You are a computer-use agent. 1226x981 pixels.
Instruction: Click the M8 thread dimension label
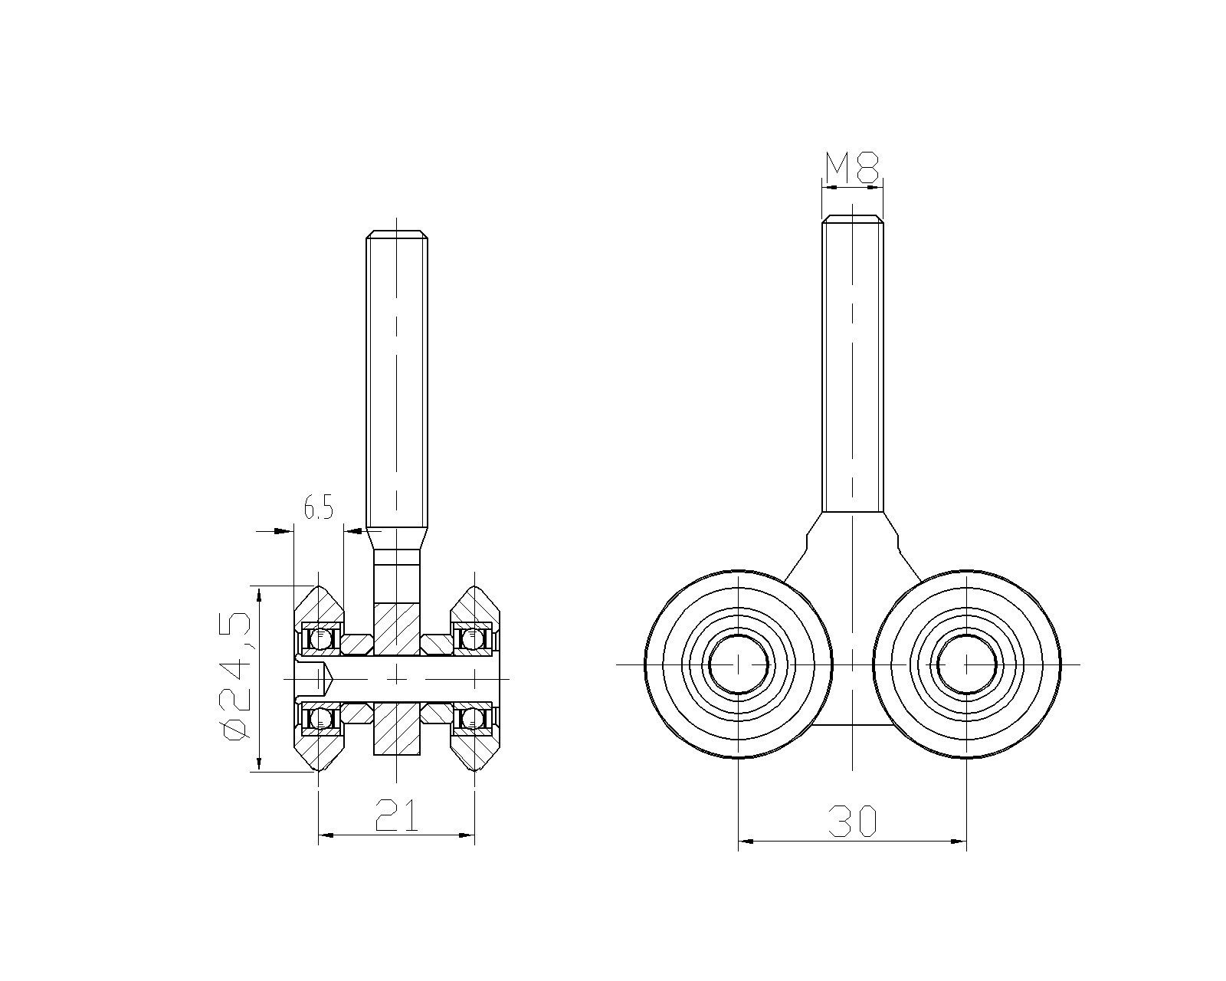point(852,167)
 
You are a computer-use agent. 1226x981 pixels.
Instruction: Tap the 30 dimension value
point(852,822)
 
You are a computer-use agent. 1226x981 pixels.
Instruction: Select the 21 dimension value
point(396,815)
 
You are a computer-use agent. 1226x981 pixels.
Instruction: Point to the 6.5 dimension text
point(318,507)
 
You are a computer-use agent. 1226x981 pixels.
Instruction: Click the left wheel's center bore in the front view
point(739,664)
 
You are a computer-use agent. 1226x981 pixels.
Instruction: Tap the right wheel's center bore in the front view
point(966,664)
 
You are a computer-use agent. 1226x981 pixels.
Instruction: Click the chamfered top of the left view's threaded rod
point(396,234)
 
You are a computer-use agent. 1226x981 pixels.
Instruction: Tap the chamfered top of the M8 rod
point(852,219)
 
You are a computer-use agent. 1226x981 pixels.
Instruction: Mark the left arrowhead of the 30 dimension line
point(746,840)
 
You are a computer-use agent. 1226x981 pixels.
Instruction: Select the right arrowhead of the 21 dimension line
point(467,835)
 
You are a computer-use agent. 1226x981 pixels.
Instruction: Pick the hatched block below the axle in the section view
point(396,729)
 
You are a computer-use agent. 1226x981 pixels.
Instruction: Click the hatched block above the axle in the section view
point(396,629)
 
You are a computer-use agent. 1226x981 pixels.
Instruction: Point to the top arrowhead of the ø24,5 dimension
point(259,595)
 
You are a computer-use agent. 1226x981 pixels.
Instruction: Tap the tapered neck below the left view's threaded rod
point(396,540)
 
